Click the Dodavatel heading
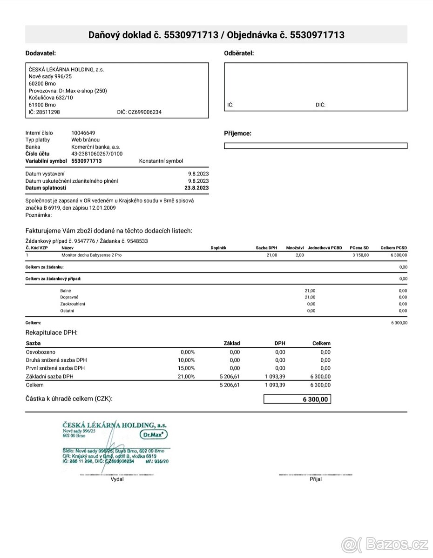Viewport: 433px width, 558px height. [41, 53]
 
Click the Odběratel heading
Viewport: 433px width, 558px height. [239, 53]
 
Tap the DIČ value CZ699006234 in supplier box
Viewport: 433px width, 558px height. [145, 112]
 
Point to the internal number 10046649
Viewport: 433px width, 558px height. [83, 133]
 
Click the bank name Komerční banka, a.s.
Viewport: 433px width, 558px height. [96, 147]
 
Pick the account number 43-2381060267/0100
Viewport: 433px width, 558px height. [97, 154]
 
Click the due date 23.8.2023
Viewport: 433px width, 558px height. [196, 188]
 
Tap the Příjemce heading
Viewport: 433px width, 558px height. [237, 133]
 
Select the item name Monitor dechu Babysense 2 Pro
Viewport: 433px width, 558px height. [92, 255]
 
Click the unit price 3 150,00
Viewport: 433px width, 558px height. [360, 255]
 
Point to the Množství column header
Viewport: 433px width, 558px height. [295, 248]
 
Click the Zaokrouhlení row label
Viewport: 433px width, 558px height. [73, 304]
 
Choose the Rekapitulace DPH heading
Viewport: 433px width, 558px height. [51, 332]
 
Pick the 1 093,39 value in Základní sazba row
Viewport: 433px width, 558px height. [275, 377]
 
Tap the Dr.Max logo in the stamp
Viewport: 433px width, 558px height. [153, 434]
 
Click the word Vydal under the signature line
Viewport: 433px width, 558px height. [117, 479]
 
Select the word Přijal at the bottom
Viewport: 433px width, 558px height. [315, 479]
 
